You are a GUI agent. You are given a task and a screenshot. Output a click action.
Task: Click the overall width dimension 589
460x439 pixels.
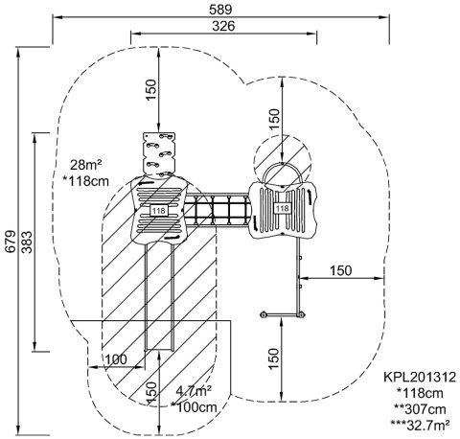pos(220,10)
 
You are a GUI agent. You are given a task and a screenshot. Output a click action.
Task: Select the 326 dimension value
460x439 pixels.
pos(223,26)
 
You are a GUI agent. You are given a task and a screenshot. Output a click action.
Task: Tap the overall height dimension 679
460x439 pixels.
pos(11,242)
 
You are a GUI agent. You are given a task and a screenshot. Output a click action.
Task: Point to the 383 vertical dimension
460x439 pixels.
pos(27,242)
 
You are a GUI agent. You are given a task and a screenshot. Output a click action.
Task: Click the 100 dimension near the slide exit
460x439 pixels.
pos(116,359)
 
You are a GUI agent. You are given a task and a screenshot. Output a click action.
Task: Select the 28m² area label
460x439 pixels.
pos(86,165)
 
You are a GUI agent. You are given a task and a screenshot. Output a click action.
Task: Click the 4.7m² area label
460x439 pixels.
pos(194,390)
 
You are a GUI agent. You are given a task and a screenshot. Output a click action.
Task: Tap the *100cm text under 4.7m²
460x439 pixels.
pos(194,407)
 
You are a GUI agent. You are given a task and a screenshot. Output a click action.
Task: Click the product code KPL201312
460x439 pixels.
pos(420,377)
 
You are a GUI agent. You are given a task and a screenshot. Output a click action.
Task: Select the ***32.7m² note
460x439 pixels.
pos(421,425)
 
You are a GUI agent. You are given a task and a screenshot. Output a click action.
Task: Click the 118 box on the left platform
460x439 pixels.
pos(159,210)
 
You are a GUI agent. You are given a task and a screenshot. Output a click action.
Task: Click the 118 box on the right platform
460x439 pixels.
pos(282,208)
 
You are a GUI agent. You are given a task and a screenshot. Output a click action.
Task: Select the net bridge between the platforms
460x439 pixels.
pos(218,210)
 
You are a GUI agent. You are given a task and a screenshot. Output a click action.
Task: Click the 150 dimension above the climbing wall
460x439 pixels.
pos(151,89)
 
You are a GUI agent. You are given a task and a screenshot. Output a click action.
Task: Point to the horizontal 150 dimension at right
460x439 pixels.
pos(340,270)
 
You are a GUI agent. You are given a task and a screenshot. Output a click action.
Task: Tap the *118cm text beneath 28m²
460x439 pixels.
pos(86,181)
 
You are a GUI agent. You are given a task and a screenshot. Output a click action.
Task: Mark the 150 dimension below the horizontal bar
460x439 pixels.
pos(274,358)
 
